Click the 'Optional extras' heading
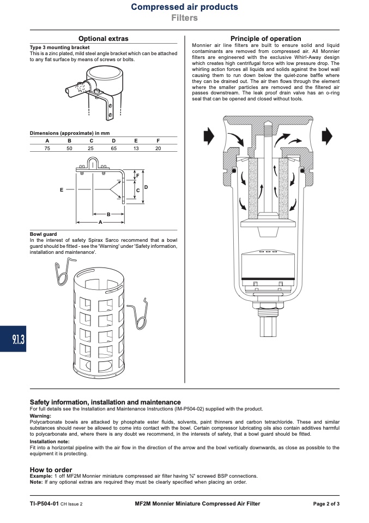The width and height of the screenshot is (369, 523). pyautogui.click(x=103, y=39)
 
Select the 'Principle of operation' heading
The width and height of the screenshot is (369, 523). pyautogui.click(x=266, y=39)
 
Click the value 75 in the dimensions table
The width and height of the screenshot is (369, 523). pyautogui.click(x=47, y=148)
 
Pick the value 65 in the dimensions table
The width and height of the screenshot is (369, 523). pyautogui.click(x=114, y=148)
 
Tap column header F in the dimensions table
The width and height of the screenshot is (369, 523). pyautogui.click(x=158, y=141)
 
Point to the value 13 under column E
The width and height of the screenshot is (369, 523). pyautogui.click(x=136, y=148)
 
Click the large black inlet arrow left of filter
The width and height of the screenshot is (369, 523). pyautogui.click(x=209, y=136)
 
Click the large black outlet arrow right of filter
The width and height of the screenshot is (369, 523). pyautogui.click(x=327, y=136)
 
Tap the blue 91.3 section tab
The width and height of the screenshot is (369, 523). pyautogui.click(x=13, y=339)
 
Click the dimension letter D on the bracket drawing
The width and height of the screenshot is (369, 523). pyautogui.click(x=146, y=187)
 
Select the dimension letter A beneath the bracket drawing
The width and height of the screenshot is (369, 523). pyautogui.click(x=100, y=222)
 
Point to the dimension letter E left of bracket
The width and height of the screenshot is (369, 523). pyautogui.click(x=61, y=190)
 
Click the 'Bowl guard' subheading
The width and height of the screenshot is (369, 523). pyautogui.click(x=43, y=234)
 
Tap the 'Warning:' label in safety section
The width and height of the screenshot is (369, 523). pyautogui.click(x=40, y=416)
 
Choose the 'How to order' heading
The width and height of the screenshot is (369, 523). pyautogui.click(x=51, y=469)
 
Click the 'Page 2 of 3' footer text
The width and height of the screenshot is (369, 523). pyautogui.click(x=326, y=504)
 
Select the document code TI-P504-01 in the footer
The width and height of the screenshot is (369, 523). pyautogui.click(x=44, y=504)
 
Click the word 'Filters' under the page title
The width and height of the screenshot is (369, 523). pyautogui.click(x=184, y=17)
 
